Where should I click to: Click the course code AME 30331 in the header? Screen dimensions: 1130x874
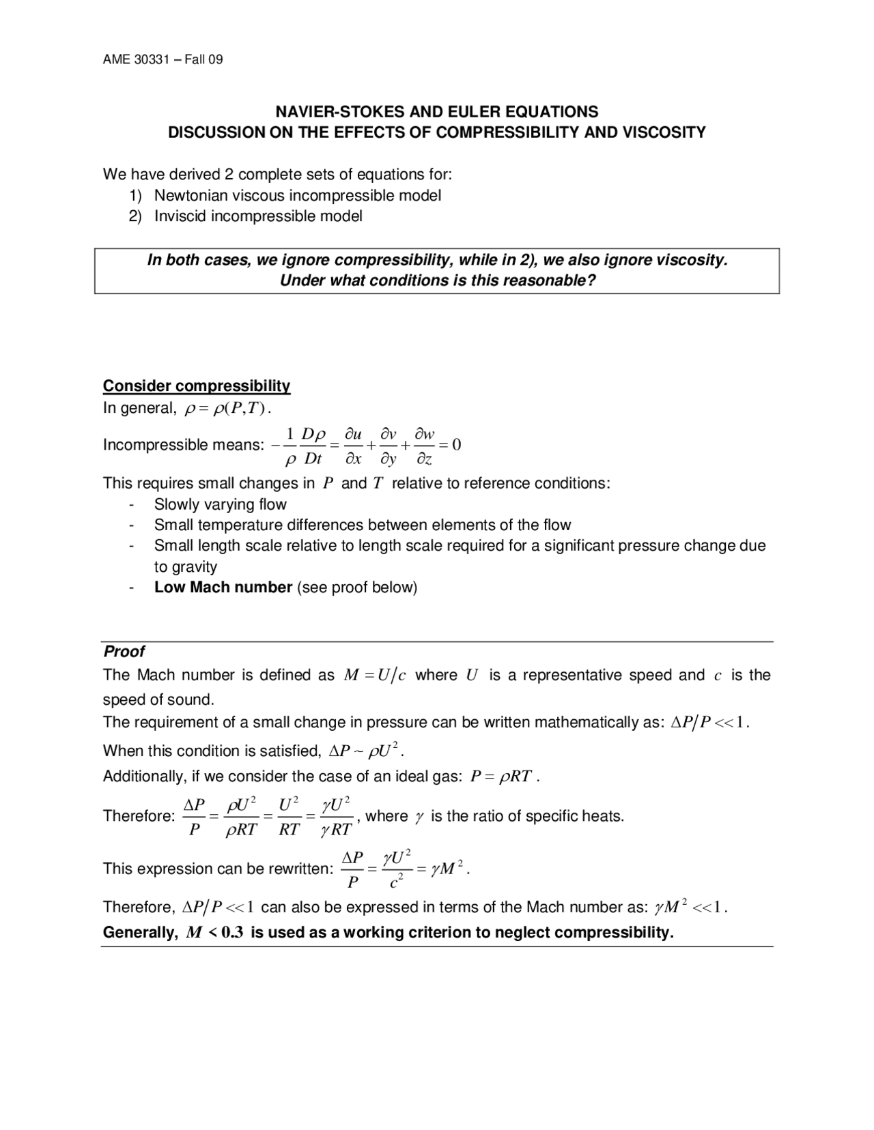click(136, 59)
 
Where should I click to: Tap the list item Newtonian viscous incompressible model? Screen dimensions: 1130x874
click(297, 196)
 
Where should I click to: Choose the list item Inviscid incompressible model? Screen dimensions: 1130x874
click(257, 216)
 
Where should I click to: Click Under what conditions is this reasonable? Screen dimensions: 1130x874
click(438, 280)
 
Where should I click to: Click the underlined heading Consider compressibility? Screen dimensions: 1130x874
click(197, 386)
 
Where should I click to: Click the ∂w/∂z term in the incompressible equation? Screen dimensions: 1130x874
click(425, 446)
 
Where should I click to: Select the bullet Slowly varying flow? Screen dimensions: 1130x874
click(220, 504)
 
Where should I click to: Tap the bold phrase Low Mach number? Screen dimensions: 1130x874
click(223, 588)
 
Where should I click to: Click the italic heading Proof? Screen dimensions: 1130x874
click(124, 651)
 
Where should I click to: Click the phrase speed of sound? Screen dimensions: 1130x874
click(158, 700)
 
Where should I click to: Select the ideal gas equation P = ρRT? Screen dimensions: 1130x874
click(501, 777)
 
